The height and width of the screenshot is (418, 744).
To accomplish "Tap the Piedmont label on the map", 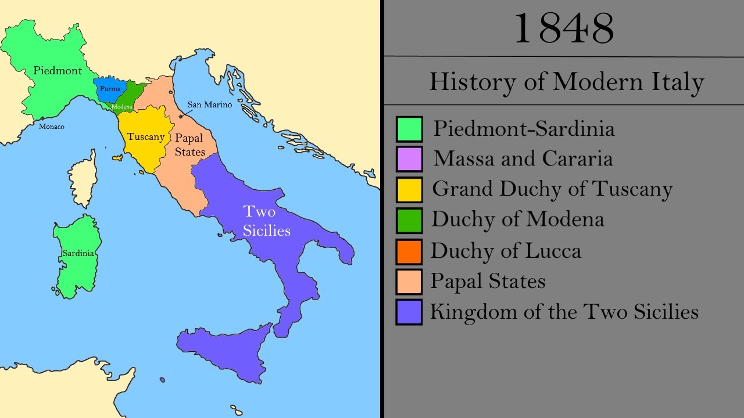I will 58,70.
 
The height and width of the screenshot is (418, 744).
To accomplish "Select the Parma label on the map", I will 110,89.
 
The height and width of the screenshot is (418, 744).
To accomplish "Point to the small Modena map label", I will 122,107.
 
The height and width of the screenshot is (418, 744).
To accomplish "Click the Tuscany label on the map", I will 146,137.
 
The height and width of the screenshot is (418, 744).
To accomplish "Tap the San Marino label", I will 209,105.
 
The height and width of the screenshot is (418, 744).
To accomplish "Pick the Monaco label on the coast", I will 52,126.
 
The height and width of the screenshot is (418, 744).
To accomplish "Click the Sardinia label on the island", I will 78,253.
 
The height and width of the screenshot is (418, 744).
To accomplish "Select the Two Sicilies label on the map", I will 266,221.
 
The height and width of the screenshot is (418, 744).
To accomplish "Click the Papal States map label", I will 189,145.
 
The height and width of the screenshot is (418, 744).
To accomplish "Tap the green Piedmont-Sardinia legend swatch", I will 409,129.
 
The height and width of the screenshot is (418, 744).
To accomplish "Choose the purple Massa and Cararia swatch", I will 409,159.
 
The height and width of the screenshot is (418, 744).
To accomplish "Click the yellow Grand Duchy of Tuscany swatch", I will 409,189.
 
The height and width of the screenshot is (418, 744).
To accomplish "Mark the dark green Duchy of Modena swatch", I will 409,220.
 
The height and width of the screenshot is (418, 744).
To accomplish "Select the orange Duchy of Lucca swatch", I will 409,251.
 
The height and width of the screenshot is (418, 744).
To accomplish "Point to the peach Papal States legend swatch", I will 409,282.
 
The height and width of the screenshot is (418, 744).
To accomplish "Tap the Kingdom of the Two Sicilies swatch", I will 409,312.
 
